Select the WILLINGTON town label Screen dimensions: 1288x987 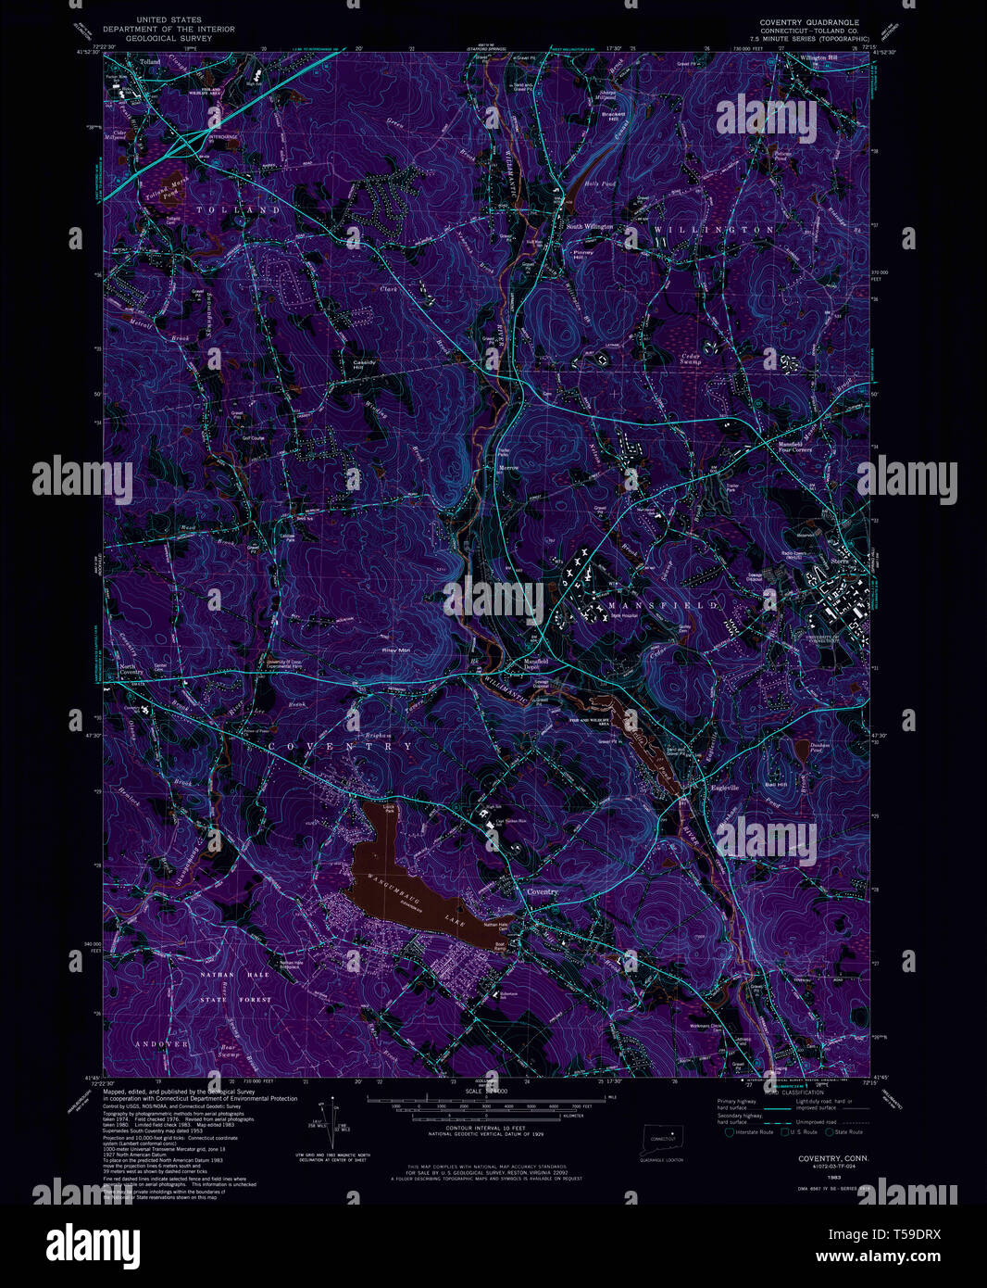click(713, 229)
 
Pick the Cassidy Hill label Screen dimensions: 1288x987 click(364, 364)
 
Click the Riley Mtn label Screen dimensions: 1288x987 click(396, 650)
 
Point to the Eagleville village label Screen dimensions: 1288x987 click(724, 788)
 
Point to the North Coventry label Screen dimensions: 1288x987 click(130, 669)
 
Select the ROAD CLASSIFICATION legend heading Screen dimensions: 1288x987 click(751, 1092)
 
